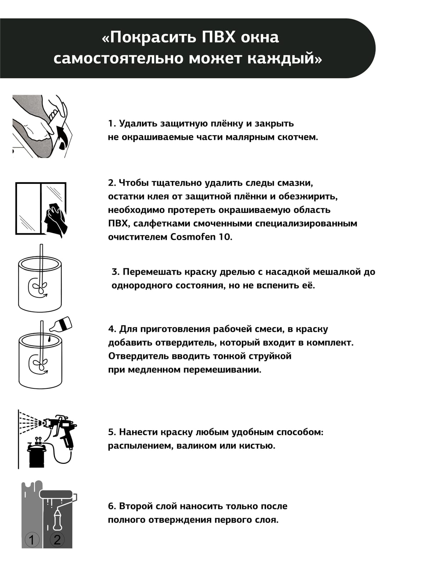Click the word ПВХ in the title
click(x=218, y=37)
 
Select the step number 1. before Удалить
click(x=112, y=124)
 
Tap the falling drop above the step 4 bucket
click(x=50, y=339)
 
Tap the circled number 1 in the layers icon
click(x=32, y=540)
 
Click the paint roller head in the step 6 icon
click(x=57, y=494)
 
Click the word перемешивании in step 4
click(x=226, y=370)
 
